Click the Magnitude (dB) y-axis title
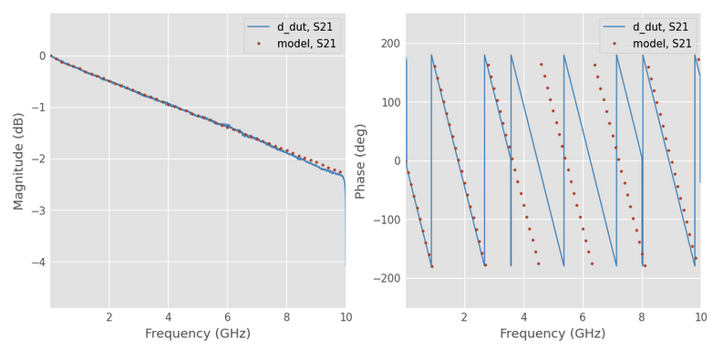click(x=19, y=160)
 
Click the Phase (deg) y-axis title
click(x=361, y=160)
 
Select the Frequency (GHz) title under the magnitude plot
click(x=197, y=334)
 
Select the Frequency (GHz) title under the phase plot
click(x=553, y=334)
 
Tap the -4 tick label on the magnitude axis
click(x=37, y=262)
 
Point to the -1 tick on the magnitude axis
click(x=37, y=108)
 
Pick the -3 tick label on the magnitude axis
click(x=37, y=211)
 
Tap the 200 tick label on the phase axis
click(x=389, y=44)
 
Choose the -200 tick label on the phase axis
click(x=386, y=278)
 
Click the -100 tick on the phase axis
click(x=386, y=220)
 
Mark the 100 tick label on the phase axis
click(x=389, y=102)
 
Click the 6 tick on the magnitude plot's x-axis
click(x=227, y=317)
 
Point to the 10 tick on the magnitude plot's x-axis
click(x=345, y=317)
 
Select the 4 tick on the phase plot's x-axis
click(x=523, y=317)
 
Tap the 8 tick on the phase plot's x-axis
click(x=642, y=317)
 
